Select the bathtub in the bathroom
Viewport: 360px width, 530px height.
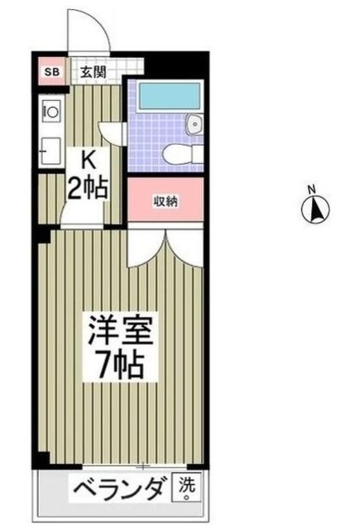coord(166,97)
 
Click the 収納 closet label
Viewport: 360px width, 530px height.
coord(166,201)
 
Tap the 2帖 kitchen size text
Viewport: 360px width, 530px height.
coord(88,188)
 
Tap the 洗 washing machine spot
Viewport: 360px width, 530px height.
coord(185,489)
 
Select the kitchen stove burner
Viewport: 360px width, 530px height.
coord(49,109)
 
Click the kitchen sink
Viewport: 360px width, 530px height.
coord(49,148)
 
